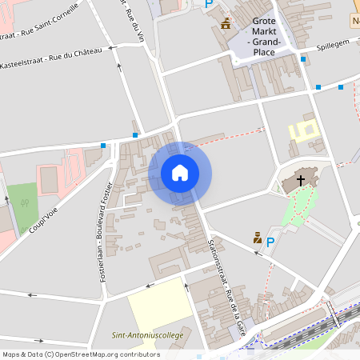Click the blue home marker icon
tap(180, 173)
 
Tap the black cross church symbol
tap(301, 181)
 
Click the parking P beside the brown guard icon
tap(270, 242)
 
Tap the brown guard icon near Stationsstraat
tap(257, 238)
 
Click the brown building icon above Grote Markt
tap(226, 23)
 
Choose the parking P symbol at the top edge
tap(209, 4)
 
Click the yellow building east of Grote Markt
tap(306, 130)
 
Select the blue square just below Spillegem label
tap(302, 58)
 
